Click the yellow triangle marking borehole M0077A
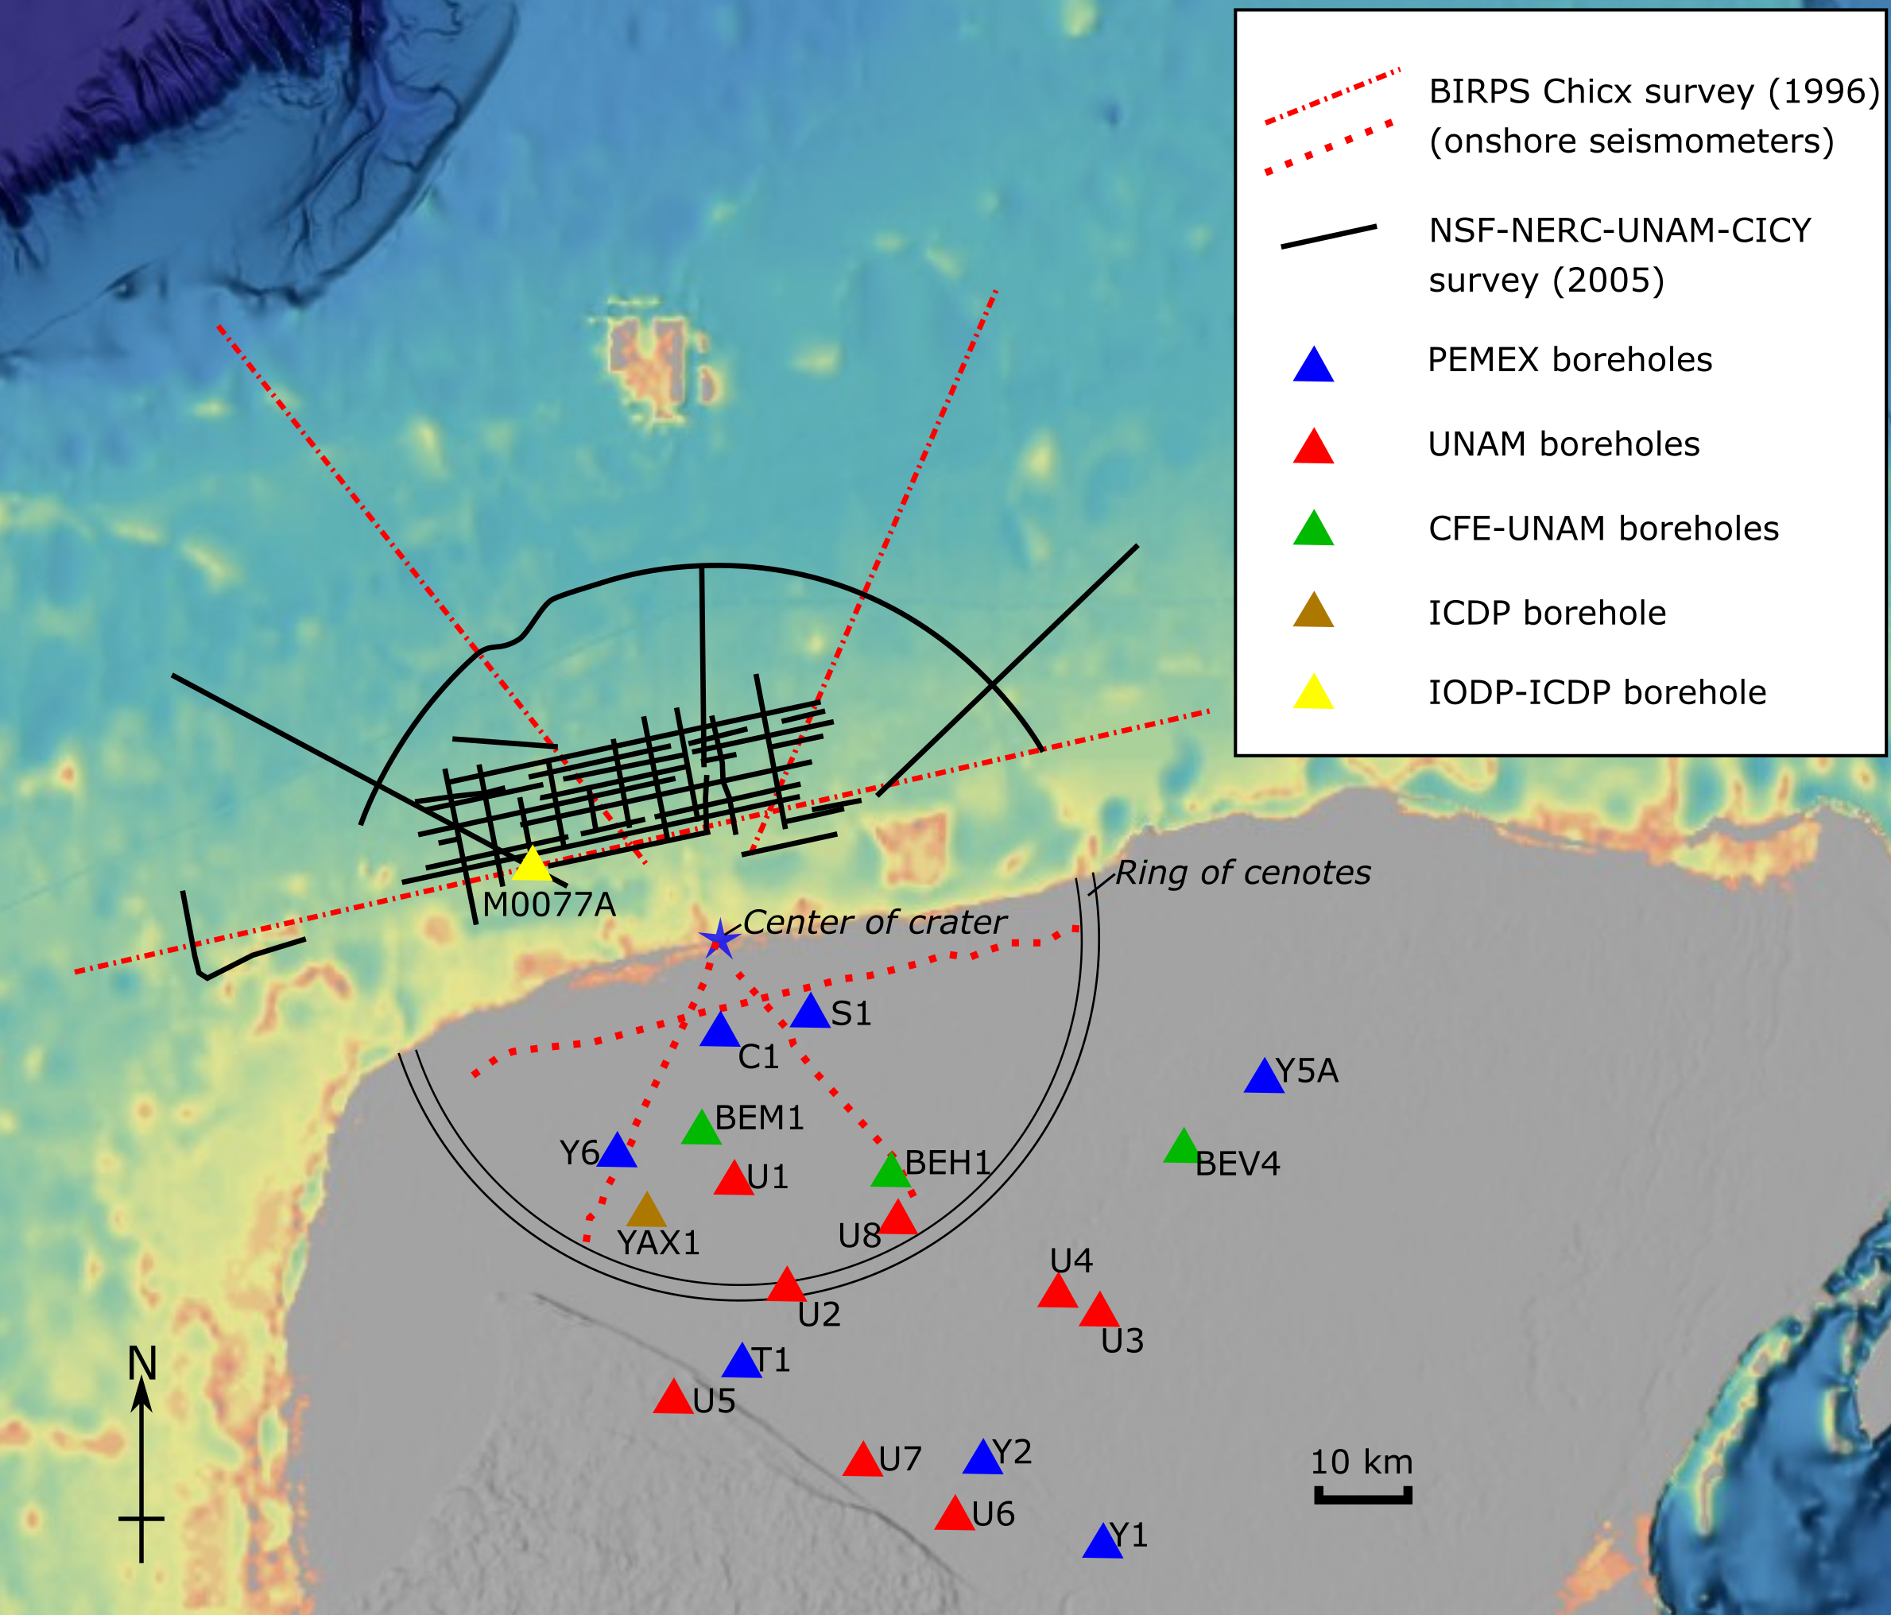532,866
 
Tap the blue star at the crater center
719,939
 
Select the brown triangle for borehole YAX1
647,1213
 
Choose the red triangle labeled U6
955,1516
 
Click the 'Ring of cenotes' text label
1242,873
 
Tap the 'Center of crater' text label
874,923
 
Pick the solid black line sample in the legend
1328,236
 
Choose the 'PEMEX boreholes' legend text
1570,360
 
